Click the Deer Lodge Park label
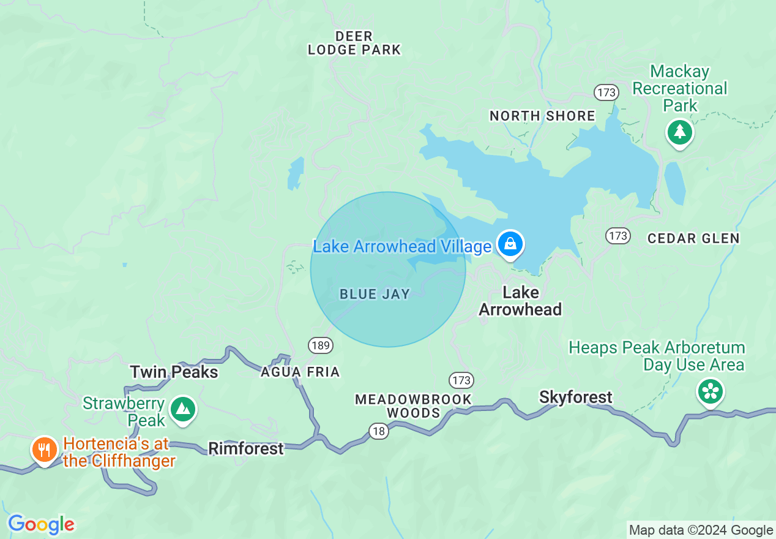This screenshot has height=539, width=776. click(x=354, y=43)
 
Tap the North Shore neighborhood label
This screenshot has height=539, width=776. click(x=542, y=116)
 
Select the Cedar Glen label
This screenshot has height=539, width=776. click(x=693, y=238)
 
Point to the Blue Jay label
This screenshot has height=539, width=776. click(x=375, y=295)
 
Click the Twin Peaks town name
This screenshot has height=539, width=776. click(x=174, y=372)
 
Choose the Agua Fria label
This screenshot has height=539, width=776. click(x=300, y=372)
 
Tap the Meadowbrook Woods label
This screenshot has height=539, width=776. click(x=414, y=406)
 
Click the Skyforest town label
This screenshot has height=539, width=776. click(x=575, y=398)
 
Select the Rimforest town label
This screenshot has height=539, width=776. click(x=246, y=448)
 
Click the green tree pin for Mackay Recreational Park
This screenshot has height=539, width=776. click(x=679, y=132)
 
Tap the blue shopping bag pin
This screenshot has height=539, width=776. click(x=510, y=244)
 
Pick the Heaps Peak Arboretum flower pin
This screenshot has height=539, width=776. click(x=711, y=391)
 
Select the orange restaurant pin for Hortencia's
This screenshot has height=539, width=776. click(x=44, y=451)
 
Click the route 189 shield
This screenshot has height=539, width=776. click(x=321, y=345)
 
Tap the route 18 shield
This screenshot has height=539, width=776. click(x=379, y=431)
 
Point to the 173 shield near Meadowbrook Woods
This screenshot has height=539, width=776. click(x=461, y=380)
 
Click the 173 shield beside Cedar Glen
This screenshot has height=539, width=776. click(x=618, y=235)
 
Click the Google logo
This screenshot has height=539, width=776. click(x=41, y=524)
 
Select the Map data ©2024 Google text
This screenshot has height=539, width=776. click(x=701, y=530)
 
